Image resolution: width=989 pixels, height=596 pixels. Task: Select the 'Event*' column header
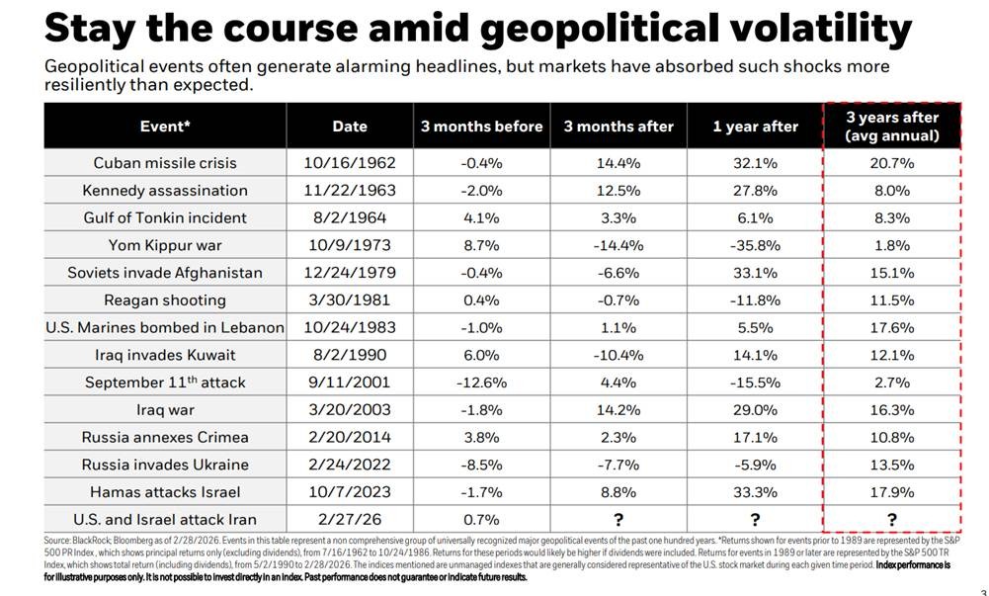pos(165,127)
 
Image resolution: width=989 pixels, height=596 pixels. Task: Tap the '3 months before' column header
pos(482,127)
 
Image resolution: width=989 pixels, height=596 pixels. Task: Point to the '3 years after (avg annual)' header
pos(891,127)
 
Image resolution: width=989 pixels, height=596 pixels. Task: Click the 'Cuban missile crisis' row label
pos(165,163)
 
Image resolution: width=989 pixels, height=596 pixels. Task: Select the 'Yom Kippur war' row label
pos(165,245)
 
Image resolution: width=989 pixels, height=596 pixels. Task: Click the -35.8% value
pos(755,245)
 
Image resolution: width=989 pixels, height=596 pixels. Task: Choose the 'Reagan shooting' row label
pos(165,300)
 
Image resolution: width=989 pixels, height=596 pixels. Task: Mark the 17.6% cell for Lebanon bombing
pos(891,327)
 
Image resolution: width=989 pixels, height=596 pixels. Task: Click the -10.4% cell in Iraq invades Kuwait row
pos(618,355)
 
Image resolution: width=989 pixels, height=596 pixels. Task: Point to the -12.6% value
pos(482,383)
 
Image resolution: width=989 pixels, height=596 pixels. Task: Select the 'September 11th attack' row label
pos(165,383)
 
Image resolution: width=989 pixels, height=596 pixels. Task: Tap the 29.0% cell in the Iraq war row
pos(755,409)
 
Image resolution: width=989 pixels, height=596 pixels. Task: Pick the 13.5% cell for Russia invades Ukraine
pos(891,465)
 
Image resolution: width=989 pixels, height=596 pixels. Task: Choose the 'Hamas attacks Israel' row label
pos(165,491)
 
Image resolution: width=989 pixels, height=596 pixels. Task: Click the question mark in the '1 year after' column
pos(755,519)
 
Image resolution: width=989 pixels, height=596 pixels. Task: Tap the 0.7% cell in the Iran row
pos(482,519)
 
